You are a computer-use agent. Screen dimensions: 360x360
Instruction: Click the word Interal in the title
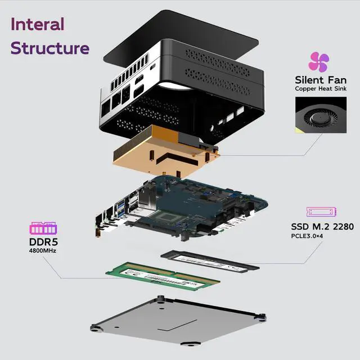(38, 24)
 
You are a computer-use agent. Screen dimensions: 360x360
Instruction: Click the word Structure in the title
(49, 48)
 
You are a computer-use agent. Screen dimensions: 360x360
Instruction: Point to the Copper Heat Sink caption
(320, 89)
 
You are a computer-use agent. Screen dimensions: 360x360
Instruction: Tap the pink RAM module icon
(43, 229)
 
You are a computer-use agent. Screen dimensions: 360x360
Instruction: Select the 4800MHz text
(43, 251)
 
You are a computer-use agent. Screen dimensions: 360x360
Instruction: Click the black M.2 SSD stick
(209, 260)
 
